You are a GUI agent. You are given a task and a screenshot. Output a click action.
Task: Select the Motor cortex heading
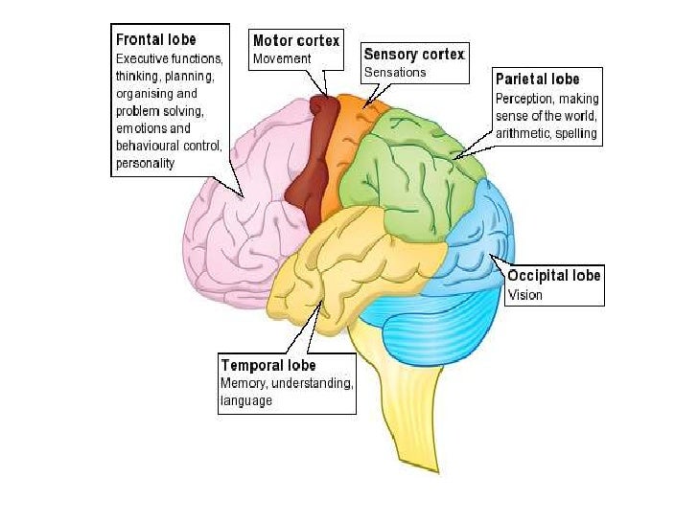tap(295, 41)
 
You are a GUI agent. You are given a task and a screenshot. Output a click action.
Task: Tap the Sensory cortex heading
tap(413, 54)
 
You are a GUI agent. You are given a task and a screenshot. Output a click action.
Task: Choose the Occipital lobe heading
tap(554, 276)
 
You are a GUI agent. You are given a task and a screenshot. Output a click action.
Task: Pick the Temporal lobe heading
tap(268, 365)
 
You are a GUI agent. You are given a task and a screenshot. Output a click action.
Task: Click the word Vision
tap(524, 295)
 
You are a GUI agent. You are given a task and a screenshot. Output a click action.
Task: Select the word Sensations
tap(394, 72)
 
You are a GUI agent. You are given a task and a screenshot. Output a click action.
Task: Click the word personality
tap(145, 164)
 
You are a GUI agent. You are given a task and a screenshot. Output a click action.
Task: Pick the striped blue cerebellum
tap(422, 330)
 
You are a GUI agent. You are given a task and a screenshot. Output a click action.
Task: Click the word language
tap(246, 401)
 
